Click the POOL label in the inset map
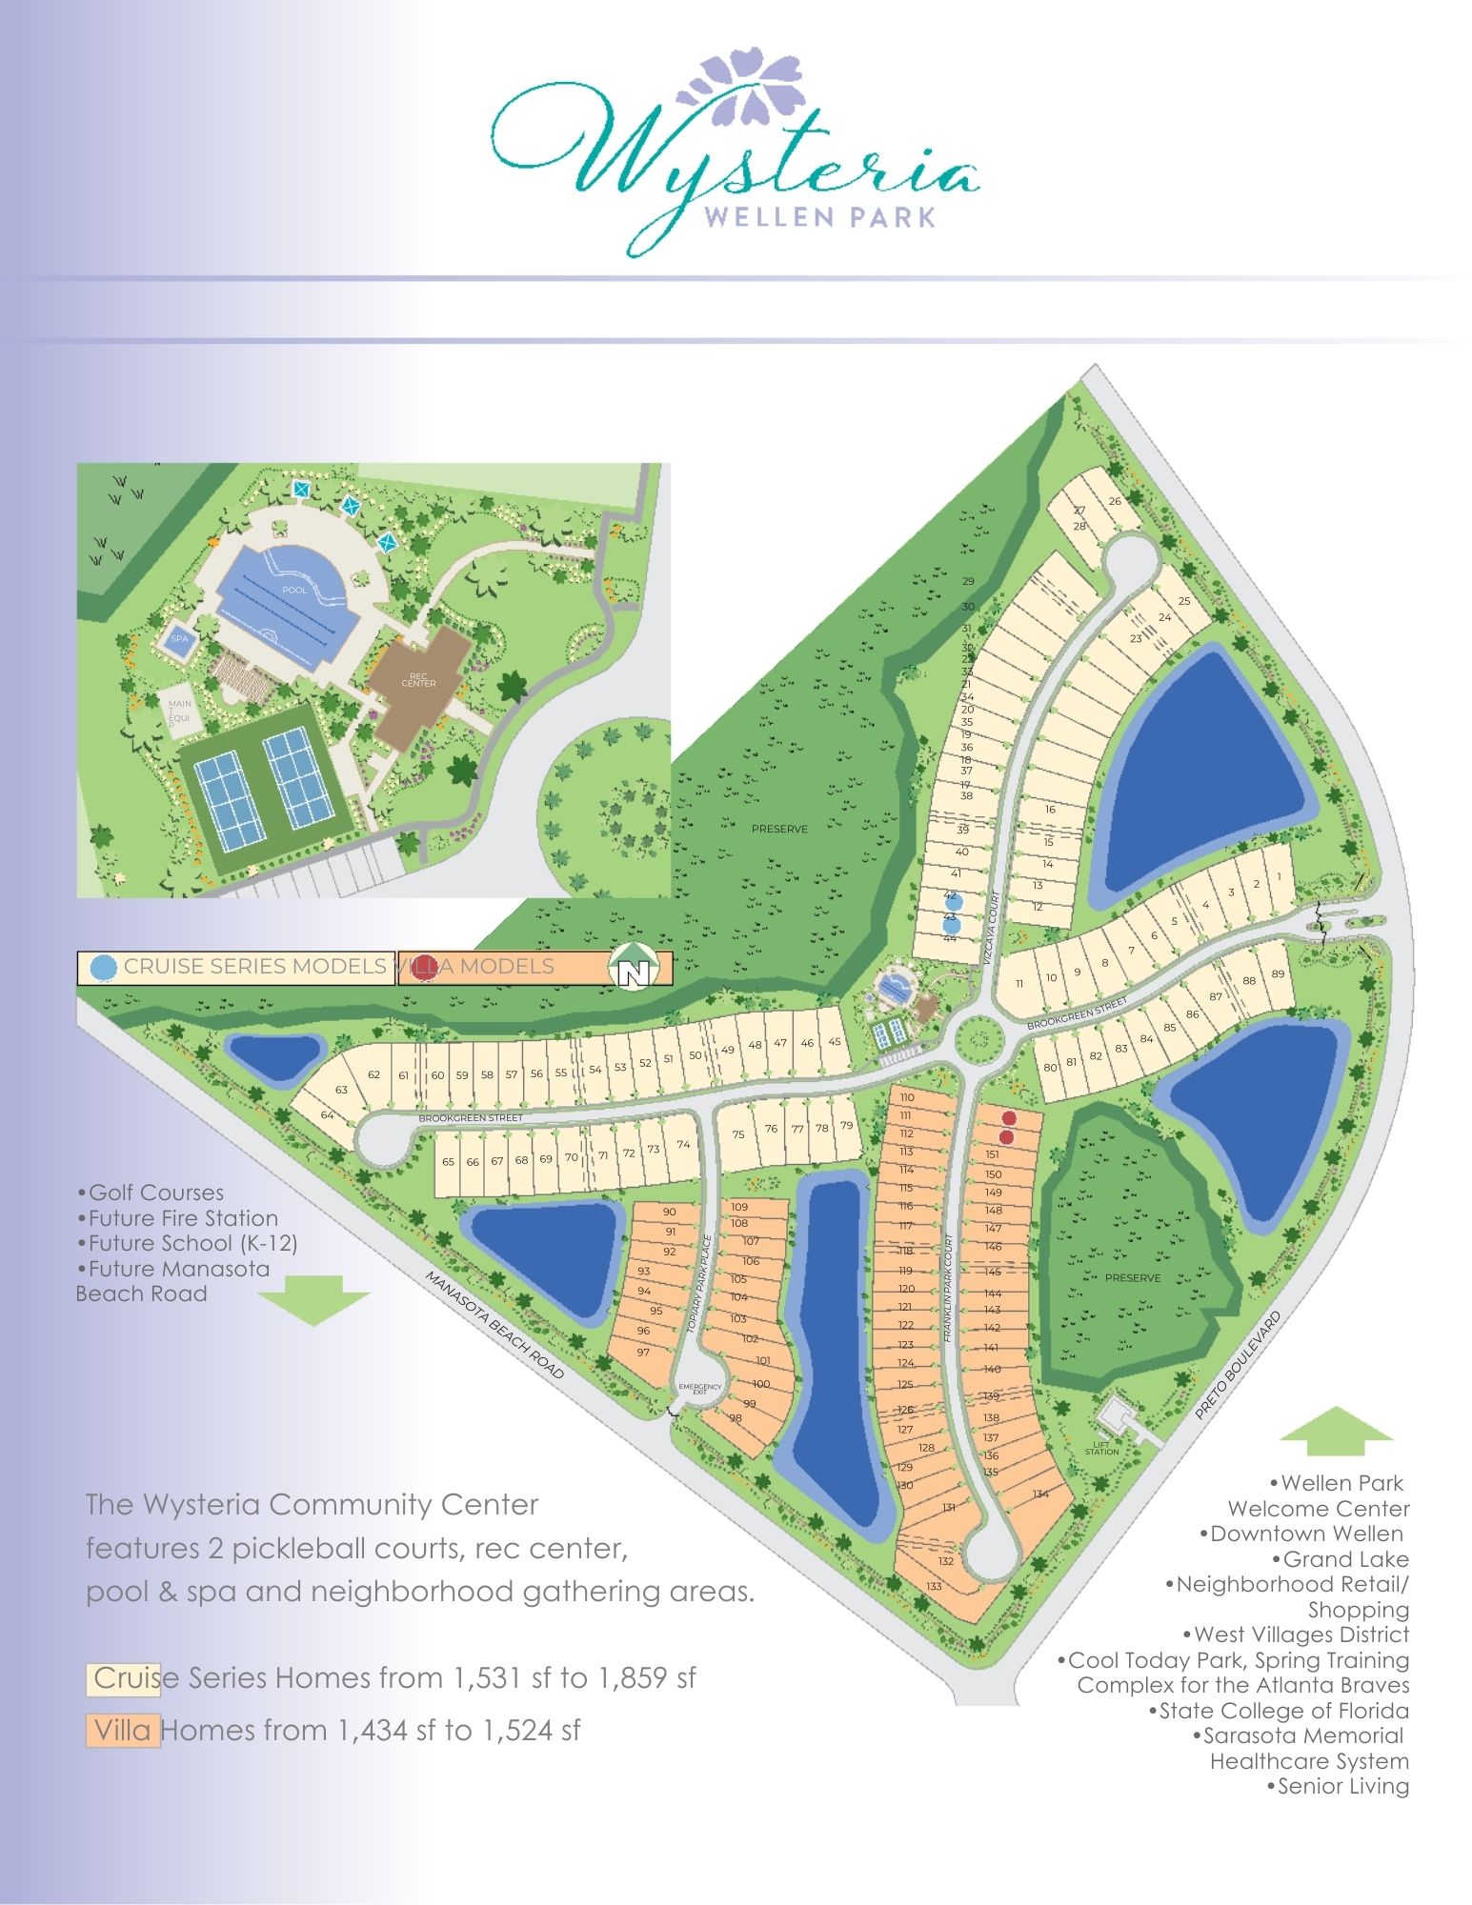point(294,591)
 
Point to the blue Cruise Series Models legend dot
point(102,968)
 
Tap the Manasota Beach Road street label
point(494,1325)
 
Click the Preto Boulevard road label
point(1238,1365)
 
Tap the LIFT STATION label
point(1102,1449)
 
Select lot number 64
point(328,1114)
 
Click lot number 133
point(935,1586)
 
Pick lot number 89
point(1278,973)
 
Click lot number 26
point(1115,501)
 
